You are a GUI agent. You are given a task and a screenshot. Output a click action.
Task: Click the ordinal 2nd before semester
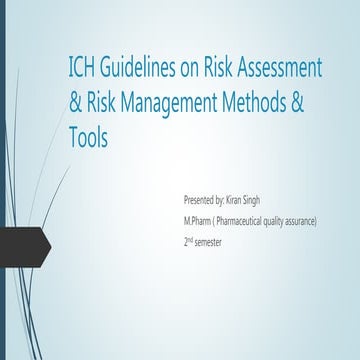coord(178,240)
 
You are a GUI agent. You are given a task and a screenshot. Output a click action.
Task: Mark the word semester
coord(208,241)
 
